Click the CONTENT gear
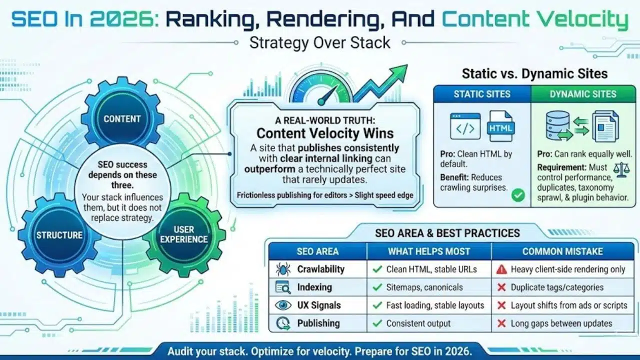point(122,118)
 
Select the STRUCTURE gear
point(59,234)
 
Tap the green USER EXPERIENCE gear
point(183,234)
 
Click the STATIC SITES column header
point(481,93)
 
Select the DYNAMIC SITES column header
point(583,93)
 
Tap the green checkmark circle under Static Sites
point(518,195)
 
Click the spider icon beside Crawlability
point(283,269)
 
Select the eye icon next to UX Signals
point(283,305)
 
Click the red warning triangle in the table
point(501,269)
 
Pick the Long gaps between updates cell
point(561,323)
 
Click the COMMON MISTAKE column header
point(562,251)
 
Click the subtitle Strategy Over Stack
point(320,42)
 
